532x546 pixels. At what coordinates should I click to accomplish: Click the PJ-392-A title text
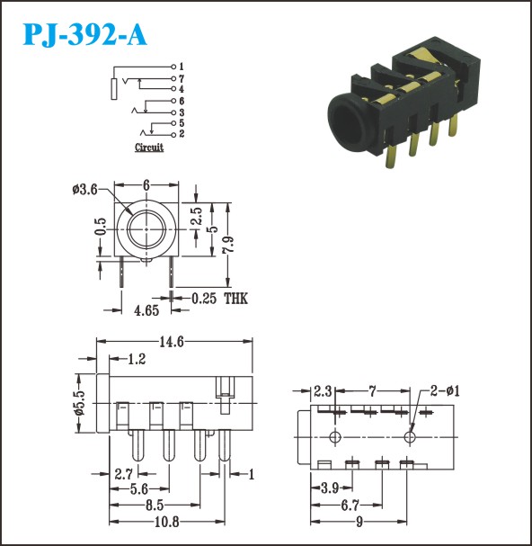click(84, 35)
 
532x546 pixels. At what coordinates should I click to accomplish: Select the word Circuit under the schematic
click(149, 148)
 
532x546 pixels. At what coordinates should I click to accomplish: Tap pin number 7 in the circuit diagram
click(182, 78)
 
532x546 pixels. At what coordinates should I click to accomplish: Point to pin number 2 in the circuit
click(182, 134)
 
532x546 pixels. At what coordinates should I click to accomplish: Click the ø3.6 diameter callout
click(84, 190)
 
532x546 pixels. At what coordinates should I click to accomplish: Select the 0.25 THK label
click(219, 299)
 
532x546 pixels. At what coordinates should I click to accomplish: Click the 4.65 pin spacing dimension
click(146, 310)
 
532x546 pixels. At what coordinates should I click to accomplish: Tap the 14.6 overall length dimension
click(171, 342)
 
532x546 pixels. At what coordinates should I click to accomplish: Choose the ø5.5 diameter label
click(80, 403)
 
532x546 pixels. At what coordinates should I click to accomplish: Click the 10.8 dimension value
click(166, 522)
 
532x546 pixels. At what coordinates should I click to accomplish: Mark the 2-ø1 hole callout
click(445, 391)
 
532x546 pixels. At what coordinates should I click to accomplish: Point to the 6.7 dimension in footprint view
click(350, 505)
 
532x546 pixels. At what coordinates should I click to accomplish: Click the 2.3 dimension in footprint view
click(323, 391)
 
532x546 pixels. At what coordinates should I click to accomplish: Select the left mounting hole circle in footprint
click(335, 437)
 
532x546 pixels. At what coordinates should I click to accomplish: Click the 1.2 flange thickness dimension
click(137, 359)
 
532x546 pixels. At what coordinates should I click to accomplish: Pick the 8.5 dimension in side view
click(155, 506)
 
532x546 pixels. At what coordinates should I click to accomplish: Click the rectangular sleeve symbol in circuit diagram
click(114, 89)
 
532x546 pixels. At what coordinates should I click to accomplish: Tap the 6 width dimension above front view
click(146, 185)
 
